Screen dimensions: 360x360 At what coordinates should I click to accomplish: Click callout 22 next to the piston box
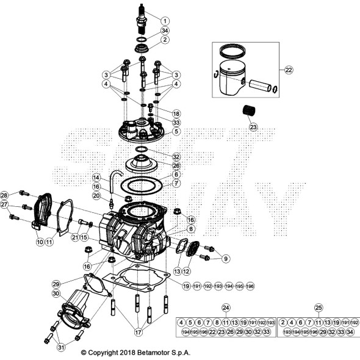pos(289,70)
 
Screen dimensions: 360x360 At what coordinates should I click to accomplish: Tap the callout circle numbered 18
pos(176,114)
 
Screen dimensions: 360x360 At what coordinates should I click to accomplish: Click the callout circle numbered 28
pos(5,195)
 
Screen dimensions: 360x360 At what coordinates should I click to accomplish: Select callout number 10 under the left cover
pos(39,242)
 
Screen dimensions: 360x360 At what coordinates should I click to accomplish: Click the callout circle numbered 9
pos(226,259)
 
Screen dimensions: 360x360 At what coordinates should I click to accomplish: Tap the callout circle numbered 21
pos(76,237)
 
